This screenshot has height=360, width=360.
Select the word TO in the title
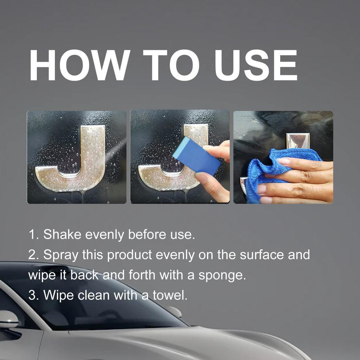coord(171,66)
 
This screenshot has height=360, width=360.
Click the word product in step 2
coord(130,255)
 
